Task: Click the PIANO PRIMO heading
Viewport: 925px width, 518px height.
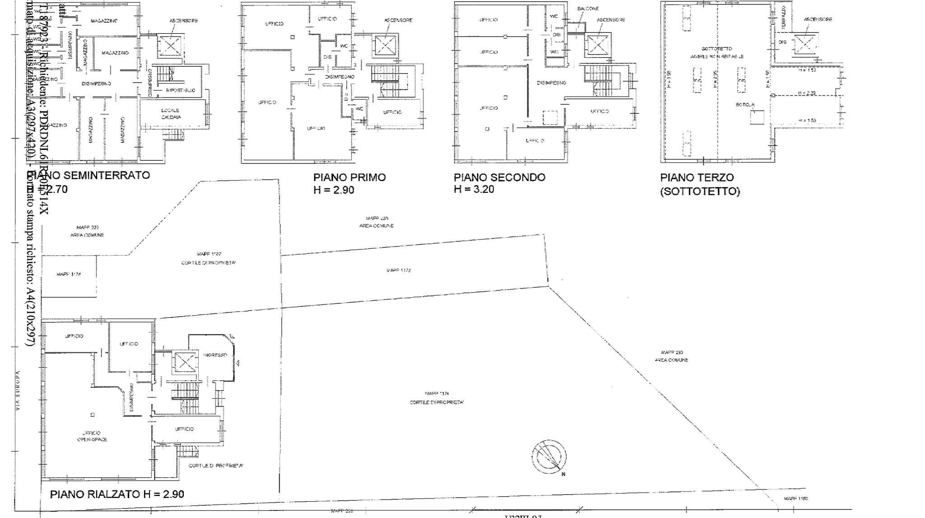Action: point(350,177)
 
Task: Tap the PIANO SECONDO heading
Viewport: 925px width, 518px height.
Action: point(499,177)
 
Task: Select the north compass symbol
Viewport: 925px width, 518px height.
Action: point(549,457)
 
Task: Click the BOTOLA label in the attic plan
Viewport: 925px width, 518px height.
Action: point(745,105)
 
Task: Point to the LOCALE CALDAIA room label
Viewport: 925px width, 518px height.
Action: point(171,113)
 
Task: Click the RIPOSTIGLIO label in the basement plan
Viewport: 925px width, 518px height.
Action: point(181,91)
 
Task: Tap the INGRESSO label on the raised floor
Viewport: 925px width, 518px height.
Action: point(215,355)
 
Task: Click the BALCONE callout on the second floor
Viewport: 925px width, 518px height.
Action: point(588,9)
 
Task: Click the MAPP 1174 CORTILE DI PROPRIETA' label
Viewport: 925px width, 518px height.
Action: point(437,398)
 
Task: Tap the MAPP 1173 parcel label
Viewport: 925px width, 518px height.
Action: point(398,271)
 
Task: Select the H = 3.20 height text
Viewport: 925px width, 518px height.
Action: point(474,189)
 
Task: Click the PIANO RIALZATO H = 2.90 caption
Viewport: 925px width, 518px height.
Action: point(117,494)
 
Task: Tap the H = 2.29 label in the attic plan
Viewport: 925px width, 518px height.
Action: point(807,93)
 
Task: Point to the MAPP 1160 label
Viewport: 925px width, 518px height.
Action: point(796,499)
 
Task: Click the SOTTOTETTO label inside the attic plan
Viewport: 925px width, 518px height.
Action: point(717,49)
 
